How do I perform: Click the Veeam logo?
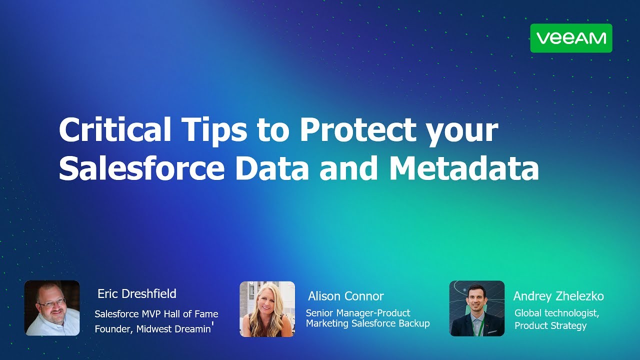coord(571,38)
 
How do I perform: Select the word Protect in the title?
coord(357,130)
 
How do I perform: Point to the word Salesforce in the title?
coord(141,169)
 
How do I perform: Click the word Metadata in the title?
coord(464,169)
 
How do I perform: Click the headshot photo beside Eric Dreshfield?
coord(52,307)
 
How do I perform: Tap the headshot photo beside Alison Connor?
coord(267,308)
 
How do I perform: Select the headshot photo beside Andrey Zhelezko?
coord(476,308)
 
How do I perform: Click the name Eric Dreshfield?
coord(137,293)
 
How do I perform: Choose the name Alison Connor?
coord(345,296)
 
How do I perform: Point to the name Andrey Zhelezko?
coord(558,296)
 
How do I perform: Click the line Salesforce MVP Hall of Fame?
coord(156,314)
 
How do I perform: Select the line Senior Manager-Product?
coord(358,313)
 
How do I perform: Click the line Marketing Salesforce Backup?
coord(367,323)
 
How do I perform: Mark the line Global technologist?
coord(556,313)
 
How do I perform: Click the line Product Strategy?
coord(550,325)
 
